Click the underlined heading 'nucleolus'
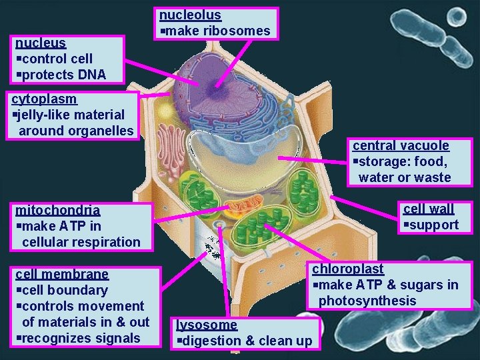190,15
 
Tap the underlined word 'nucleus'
41,43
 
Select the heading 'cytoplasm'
45,99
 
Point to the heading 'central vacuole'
401,145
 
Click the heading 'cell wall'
428,209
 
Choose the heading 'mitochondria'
58,210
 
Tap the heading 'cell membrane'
62,274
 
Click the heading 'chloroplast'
348,269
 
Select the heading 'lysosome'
207,325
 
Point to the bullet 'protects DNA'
61,75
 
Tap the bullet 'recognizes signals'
78,338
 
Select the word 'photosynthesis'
367,301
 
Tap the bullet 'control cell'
54,59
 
